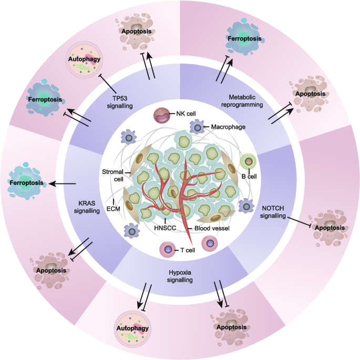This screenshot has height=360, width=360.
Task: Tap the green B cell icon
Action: click(246, 161)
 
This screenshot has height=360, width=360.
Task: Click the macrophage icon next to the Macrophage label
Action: click(196, 127)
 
